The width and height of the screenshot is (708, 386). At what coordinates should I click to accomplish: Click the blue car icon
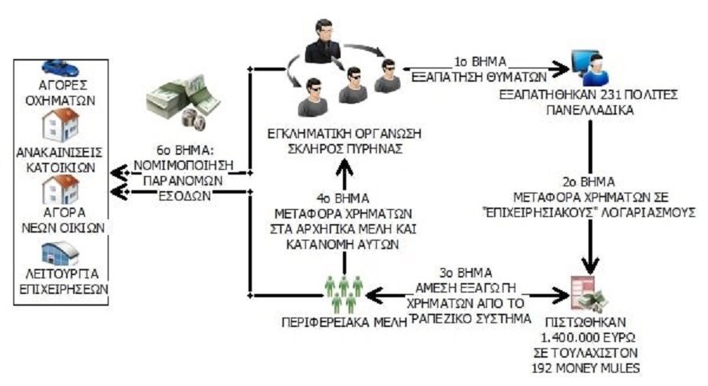point(60,68)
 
